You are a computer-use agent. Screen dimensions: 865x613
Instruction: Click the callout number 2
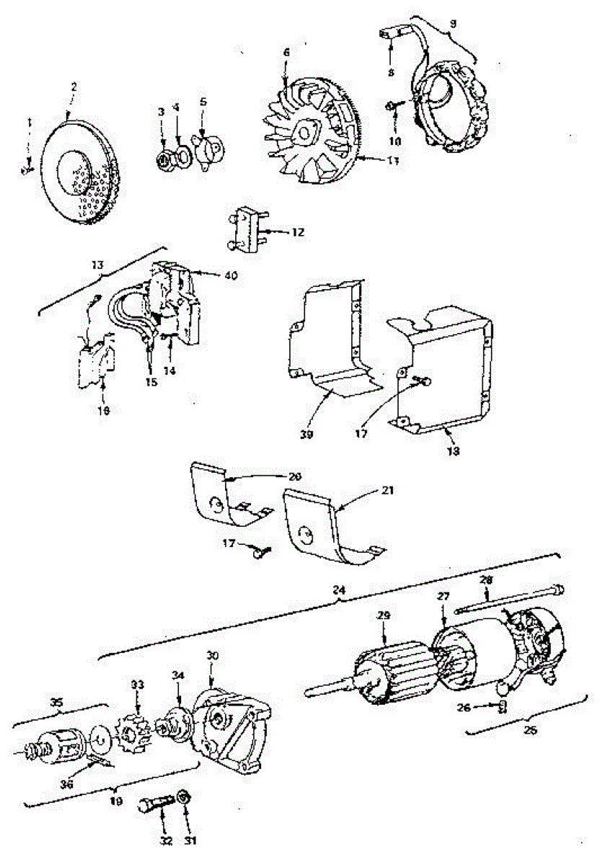point(73,86)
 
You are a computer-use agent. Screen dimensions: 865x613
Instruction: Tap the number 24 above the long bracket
point(340,590)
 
